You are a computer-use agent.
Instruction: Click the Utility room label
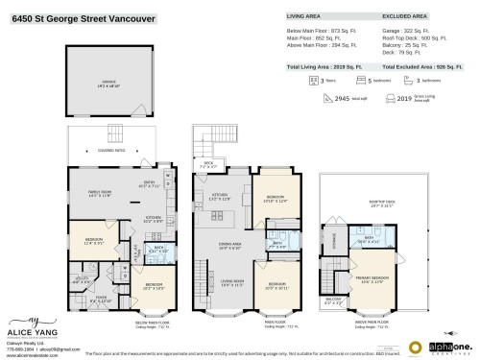pyautogui.click(x=81, y=280)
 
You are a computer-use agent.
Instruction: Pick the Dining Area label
pyautogui.click(x=229, y=247)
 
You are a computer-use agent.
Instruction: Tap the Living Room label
pyautogui.click(x=229, y=284)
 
